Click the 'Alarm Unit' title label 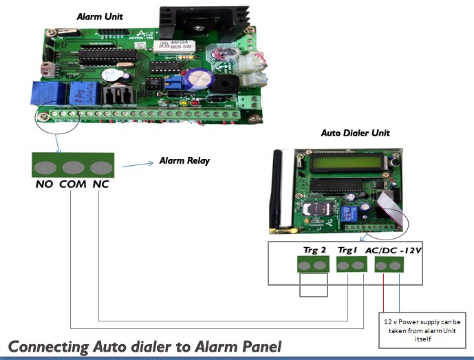point(100,16)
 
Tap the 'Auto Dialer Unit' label point(355,133)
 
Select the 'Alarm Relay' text point(184,160)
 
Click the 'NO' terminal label point(45,184)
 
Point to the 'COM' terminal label point(72,184)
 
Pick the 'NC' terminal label point(100,184)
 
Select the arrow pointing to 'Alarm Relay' point(138,165)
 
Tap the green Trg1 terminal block point(351,266)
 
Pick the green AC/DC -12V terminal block point(387,266)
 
